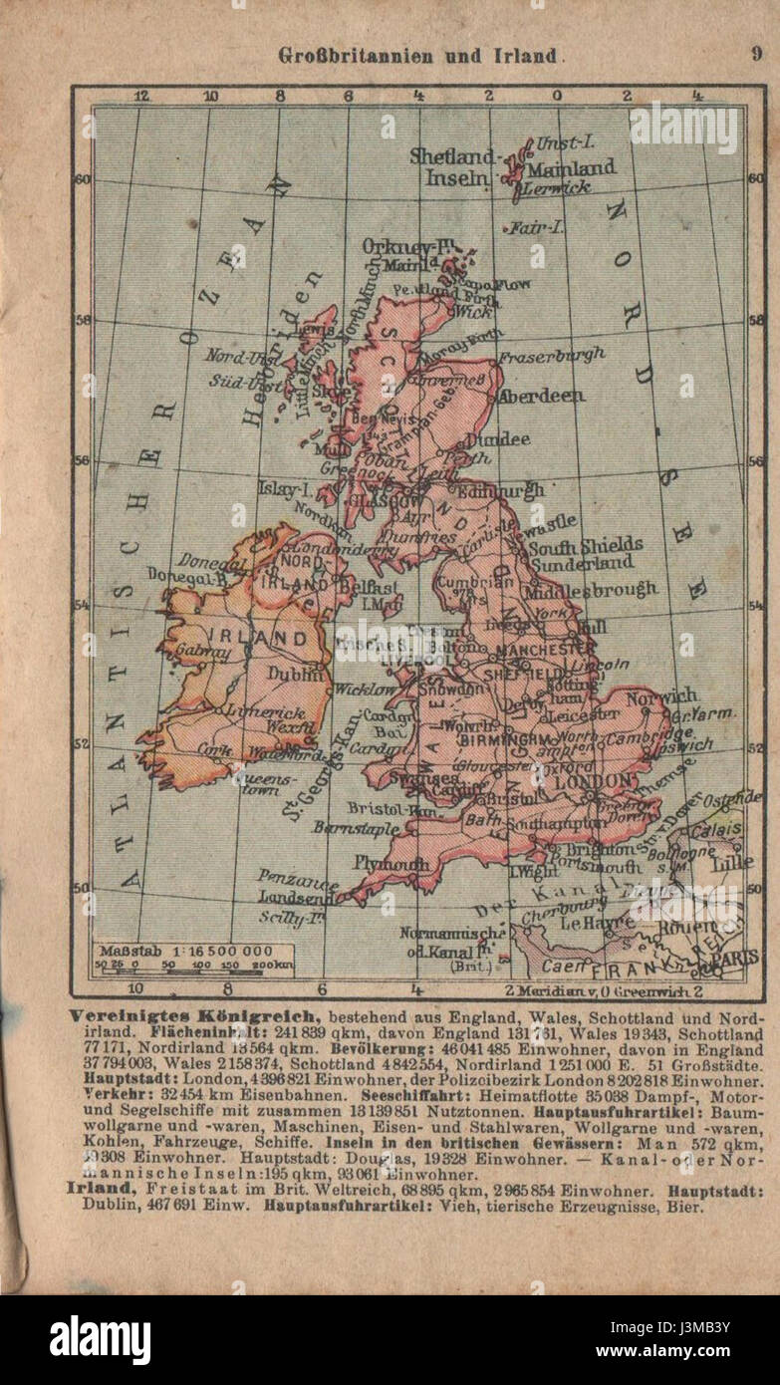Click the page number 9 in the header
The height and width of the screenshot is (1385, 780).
(756, 55)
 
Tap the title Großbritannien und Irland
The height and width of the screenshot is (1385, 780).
(417, 56)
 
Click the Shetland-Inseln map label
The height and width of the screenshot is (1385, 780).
(454, 167)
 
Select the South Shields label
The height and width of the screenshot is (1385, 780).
(586, 546)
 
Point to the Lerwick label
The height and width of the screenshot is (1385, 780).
(558, 186)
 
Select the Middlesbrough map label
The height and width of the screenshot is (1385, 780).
(595, 589)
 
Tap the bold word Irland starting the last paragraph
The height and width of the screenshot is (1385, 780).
(98, 1189)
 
